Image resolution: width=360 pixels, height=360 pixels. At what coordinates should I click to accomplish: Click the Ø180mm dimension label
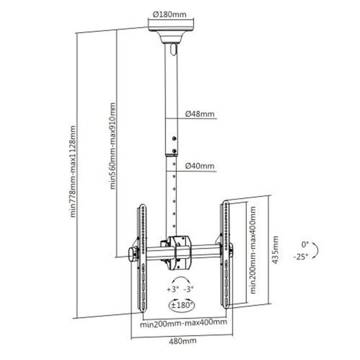coord(170,15)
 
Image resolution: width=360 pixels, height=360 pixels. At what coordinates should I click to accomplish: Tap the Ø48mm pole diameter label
coord(200,114)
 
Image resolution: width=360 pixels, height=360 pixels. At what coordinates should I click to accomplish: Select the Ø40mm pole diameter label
coord(200,165)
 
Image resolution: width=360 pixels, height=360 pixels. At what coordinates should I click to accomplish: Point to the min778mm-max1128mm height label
coord(73,171)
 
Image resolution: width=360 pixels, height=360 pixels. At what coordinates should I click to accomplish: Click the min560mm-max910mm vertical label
coord(112,146)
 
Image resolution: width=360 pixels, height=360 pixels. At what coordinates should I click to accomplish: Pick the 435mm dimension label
coord(275,250)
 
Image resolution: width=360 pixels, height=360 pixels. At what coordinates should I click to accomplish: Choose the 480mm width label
coord(182,341)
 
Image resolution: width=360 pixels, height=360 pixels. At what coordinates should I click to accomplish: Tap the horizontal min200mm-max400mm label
coord(183,323)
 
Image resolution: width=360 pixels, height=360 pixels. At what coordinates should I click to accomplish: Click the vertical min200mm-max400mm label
coord(253,250)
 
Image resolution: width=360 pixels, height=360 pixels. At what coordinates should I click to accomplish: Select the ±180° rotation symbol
coord(181,305)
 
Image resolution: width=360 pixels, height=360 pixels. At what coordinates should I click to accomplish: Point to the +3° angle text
coord(173,289)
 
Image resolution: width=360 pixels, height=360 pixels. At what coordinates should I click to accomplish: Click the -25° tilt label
coord(301,257)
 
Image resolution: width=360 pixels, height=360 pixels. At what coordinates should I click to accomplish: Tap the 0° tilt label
coord(305,244)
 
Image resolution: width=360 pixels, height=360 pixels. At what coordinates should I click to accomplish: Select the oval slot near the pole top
coord(174,49)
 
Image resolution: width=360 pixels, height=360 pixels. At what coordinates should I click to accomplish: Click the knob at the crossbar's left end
coord(133,254)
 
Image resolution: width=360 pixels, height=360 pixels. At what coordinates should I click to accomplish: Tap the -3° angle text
coord(189,289)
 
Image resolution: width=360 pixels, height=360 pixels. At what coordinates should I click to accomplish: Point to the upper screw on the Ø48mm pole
coord(174,138)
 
